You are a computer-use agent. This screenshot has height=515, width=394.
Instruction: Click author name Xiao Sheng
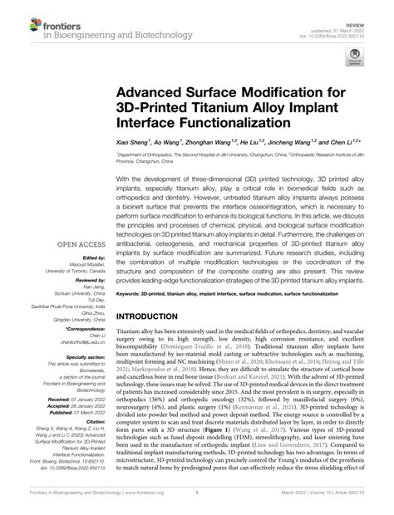coord(135,142)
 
